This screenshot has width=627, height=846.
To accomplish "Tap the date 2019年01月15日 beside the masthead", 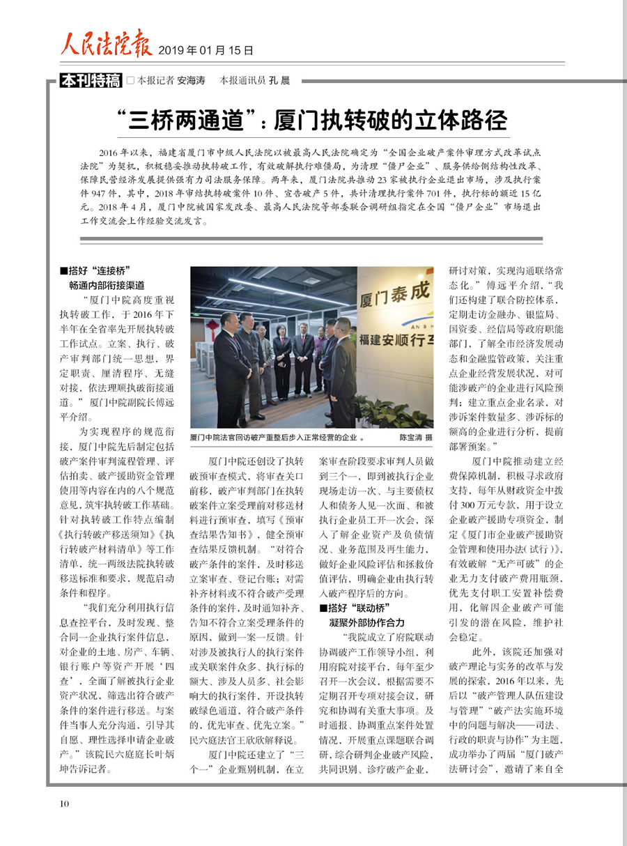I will point(206,50).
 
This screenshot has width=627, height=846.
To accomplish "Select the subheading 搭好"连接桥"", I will point(96,270).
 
